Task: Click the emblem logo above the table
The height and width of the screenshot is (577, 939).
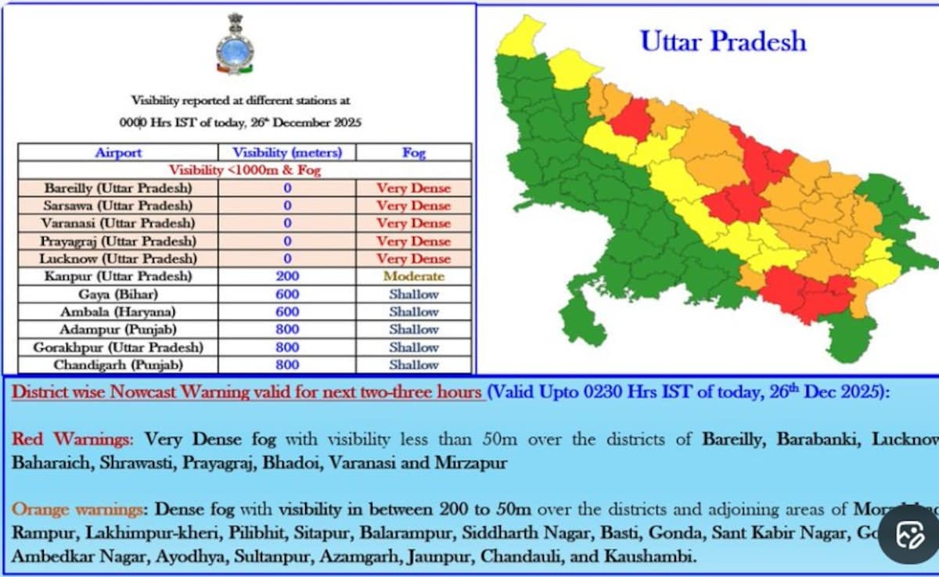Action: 235,44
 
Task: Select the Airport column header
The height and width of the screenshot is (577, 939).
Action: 118,152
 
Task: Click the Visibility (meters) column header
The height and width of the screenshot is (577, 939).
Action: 287,152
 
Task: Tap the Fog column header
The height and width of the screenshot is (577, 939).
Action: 413,152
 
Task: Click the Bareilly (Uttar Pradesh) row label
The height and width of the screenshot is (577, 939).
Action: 118,188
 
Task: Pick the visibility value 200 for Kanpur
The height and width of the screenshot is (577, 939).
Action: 287,276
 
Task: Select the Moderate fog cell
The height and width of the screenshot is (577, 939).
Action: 413,276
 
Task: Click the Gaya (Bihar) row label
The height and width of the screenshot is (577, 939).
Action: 118,294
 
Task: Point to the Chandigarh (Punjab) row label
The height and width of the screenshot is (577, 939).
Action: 118,365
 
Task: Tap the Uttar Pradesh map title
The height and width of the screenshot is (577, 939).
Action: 723,41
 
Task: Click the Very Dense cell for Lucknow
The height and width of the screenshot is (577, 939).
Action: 413,259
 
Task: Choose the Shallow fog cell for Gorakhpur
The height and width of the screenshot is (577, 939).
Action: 413,347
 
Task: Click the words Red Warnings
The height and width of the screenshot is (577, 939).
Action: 72,439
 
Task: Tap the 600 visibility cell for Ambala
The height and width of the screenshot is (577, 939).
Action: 287,312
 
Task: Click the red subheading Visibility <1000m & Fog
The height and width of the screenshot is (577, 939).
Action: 245,170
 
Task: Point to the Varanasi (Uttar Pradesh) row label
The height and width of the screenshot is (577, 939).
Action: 118,224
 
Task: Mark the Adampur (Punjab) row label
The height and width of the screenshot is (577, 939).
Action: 118,329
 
